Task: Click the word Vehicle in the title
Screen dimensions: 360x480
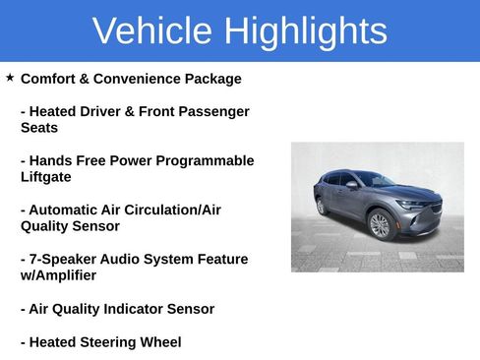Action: (x=152, y=31)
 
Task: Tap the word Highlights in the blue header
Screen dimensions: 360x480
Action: (x=305, y=31)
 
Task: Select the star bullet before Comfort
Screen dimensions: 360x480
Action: (x=10, y=77)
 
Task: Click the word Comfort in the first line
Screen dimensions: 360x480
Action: (x=51, y=79)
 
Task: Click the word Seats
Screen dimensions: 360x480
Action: (x=39, y=128)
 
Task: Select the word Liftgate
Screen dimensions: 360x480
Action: (x=46, y=177)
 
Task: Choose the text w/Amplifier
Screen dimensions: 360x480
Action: (x=58, y=275)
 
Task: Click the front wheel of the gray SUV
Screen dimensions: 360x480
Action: (x=380, y=225)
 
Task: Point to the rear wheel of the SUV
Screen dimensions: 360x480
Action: (x=321, y=207)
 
